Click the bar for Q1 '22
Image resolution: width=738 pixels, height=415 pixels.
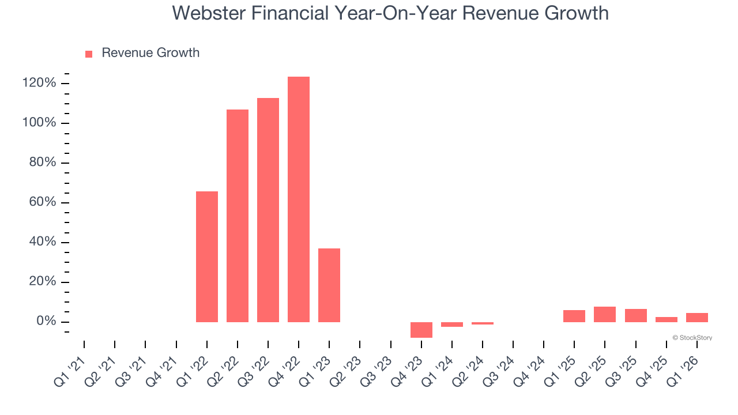pos(207,256)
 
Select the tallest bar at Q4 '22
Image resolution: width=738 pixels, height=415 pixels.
pos(299,199)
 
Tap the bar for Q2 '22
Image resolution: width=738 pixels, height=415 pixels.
pos(238,216)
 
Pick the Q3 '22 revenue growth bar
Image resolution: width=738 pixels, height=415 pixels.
pos(268,210)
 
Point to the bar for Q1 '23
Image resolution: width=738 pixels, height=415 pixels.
pos(329,285)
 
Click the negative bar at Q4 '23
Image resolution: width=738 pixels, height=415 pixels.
pos(421,330)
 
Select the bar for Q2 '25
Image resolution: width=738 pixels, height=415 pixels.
pos(605,314)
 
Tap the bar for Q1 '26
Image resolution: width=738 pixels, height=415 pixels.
pos(696,318)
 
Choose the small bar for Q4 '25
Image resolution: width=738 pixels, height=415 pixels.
pos(666,319)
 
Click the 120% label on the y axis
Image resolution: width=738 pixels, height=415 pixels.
pos(40,84)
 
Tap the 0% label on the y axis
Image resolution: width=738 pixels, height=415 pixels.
pos(46,322)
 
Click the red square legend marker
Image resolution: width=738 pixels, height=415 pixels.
pos(89,54)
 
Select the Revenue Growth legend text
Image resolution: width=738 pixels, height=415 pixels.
pos(150,53)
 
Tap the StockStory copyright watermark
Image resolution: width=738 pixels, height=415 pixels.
pos(692,338)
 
